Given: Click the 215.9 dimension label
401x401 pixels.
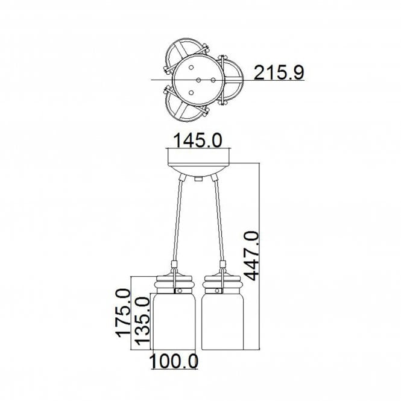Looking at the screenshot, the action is (x=279, y=72).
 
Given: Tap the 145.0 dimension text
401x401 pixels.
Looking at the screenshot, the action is (x=198, y=140).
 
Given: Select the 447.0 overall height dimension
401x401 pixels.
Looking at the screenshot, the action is (x=251, y=256).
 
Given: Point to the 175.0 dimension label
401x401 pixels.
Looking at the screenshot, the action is (x=122, y=313).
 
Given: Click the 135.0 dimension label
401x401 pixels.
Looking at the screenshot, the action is (x=142, y=321).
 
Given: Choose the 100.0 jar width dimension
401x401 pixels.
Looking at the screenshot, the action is (x=174, y=361).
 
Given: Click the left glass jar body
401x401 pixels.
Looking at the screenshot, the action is (x=174, y=321).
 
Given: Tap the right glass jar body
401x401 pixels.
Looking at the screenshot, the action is (x=223, y=321).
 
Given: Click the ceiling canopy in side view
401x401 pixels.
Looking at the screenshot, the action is (x=199, y=162).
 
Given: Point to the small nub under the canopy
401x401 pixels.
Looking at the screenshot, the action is (x=198, y=178).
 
